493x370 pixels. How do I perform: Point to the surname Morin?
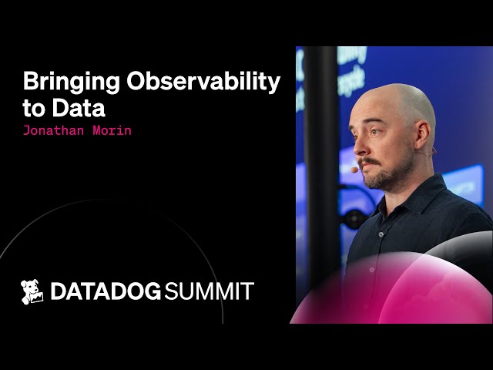click(110, 130)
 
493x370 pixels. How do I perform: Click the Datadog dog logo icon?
click(32, 291)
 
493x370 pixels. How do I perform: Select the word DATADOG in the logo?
click(106, 291)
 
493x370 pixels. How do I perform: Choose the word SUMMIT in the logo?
click(210, 291)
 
